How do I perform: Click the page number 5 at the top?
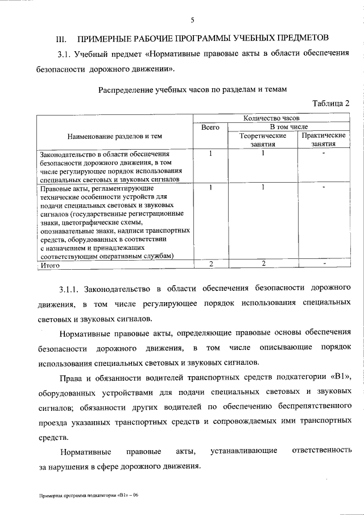(x=192, y=20)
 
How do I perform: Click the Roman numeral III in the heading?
(x=61, y=40)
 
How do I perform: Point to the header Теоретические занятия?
(x=262, y=140)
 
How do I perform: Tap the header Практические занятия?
(x=324, y=140)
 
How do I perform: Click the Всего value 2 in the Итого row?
(x=210, y=263)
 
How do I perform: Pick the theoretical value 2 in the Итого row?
(x=263, y=263)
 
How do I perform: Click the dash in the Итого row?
(x=324, y=263)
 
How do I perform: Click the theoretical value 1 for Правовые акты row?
(x=263, y=186)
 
